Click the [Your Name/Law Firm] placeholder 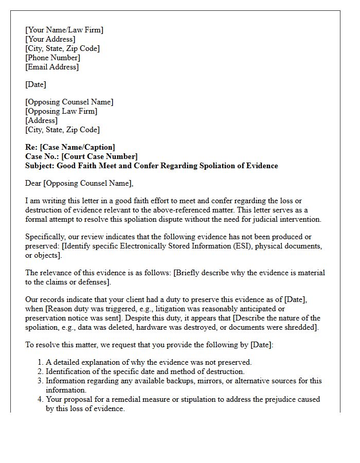pyautogui.click(x=64, y=30)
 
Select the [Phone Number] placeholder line pyautogui.click(x=52, y=58)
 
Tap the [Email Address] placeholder pyautogui.click(x=52, y=67)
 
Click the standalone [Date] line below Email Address pyautogui.click(x=35, y=84)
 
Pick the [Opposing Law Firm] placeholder pyautogui.click(x=61, y=111)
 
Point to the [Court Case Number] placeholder pyautogui.click(x=100, y=156)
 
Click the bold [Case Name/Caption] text pyautogui.click(x=78, y=147)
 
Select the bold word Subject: pyautogui.click(x=40, y=166)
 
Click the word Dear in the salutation pyautogui.click(x=33, y=183)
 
